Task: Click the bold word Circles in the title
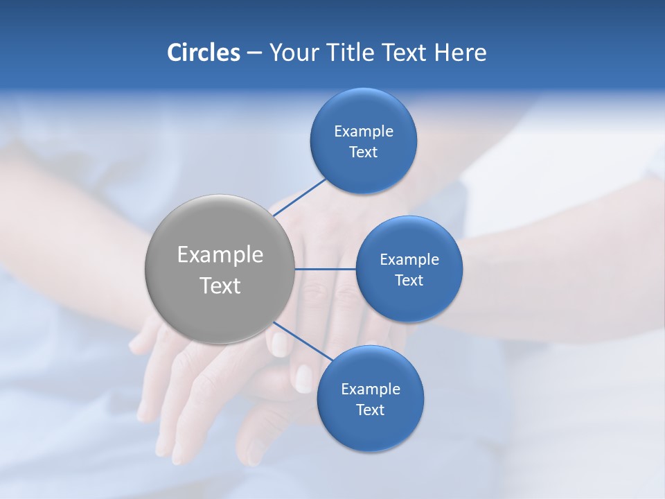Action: point(203,53)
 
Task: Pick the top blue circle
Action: point(363,111)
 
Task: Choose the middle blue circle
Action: point(409,301)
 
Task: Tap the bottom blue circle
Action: point(370,430)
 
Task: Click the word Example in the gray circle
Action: point(220,255)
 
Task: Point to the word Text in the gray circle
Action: point(220,286)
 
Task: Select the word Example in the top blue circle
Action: point(363,131)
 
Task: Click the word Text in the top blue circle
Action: point(363,152)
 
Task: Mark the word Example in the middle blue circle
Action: point(409,259)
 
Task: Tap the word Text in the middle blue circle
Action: point(409,280)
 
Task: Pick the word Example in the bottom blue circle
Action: point(370,389)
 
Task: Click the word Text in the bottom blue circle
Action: point(370,410)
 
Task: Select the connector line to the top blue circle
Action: point(299,198)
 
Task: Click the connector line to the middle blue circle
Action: point(325,269)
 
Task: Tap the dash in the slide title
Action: point(254,53)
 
